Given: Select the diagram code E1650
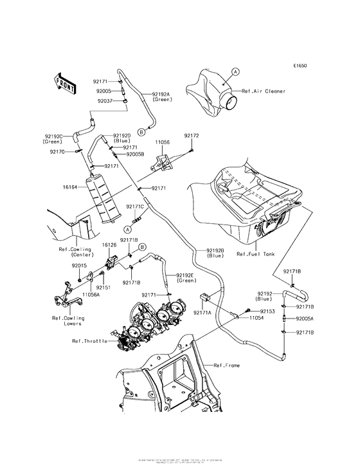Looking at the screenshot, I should coord(301,66).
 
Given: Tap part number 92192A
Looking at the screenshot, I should coord(162,95).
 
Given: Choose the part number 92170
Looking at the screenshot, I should coord(59,152).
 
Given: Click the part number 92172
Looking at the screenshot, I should coord(192,136).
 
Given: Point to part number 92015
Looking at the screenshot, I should coord(80,265).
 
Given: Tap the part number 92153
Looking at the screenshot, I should coord(268,311).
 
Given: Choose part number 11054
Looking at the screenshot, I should coord(257,318).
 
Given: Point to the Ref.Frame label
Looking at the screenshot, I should coord(228,365).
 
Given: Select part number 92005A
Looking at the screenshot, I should coord(305,318).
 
